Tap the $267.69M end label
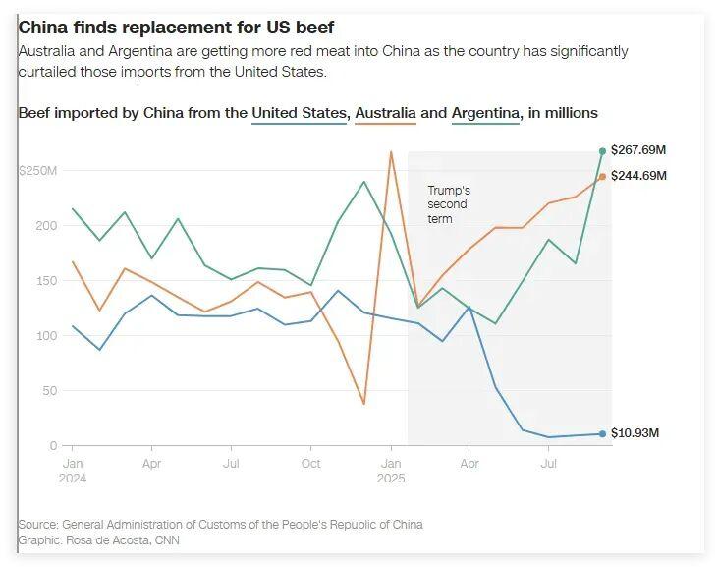pos(638,150)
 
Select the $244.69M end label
pos(638,176)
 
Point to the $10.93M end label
pos(635,433)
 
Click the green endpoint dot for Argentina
pos(602,151)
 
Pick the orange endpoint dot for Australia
pos(602,177)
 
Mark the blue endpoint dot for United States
pos(602,433)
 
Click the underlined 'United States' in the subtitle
pos(300,113)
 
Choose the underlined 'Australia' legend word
pos(385,113)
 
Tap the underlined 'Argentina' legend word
pos(485,113)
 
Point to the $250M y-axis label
pos(38,171)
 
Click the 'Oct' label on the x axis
pos(310,462)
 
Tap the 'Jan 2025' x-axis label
pos(391,469)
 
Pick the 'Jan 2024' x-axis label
pos(72,469)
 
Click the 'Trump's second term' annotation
pos(449,204)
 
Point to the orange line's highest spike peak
pos(391,151)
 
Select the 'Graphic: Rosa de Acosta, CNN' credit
pos(98,540)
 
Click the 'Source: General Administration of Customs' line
pos(220,525)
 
